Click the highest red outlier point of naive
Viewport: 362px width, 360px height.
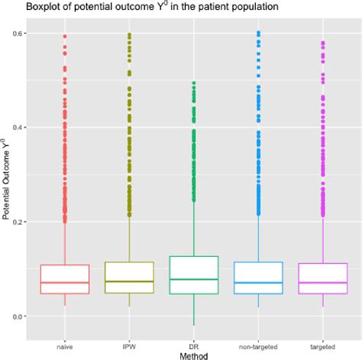click(x=64, y=36)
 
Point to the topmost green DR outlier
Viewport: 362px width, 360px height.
click(x=193, y=83)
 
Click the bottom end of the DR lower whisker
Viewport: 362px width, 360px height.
click(x=193, y=326)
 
